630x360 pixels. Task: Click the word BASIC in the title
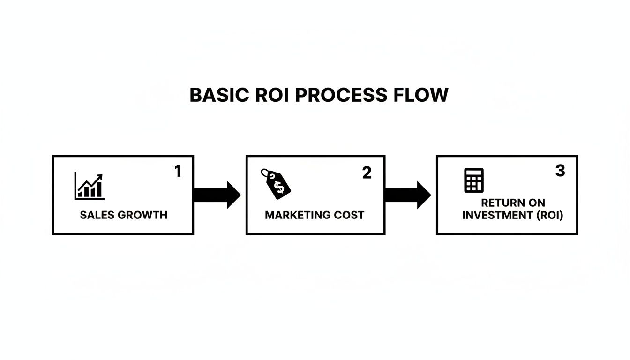(x=218, y=95)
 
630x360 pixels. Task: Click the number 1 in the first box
(x=178, y=172)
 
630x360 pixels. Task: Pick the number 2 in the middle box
(x=367, y=173)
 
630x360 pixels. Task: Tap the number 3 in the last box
(x=560, y=171)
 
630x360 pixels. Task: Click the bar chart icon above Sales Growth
(x=89, y=186)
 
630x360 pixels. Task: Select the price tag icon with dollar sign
(x=276, y=183)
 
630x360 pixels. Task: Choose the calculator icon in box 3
(x=473, y=180)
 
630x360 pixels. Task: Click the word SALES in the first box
(x=97, y=215)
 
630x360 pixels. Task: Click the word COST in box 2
(x=348, y=215)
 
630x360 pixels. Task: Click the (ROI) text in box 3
(x=547, y=215)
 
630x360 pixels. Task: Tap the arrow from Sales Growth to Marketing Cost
(x=217, y=195)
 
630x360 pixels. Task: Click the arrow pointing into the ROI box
(x=407, y=195)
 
